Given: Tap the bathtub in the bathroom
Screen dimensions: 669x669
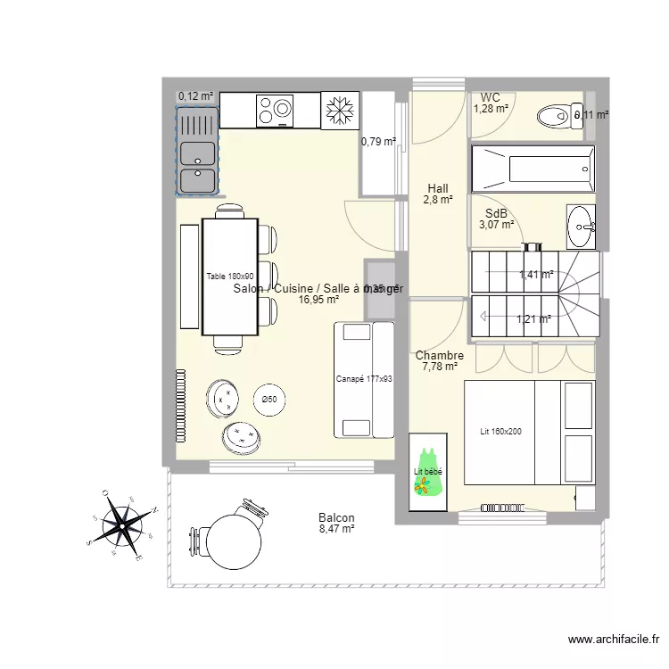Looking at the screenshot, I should [x=532, y=167].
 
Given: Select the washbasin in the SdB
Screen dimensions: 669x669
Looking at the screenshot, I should [x=582, y=227].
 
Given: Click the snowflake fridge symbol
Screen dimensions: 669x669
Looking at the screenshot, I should [x=338, y=110].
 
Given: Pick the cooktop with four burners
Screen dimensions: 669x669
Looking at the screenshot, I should [x=274, y=110].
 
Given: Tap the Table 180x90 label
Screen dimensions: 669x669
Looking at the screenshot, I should [x=230, y=277].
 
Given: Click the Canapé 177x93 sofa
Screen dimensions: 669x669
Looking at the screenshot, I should [x=364, y=378].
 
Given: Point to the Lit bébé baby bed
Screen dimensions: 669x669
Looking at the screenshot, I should [x=427, y=472].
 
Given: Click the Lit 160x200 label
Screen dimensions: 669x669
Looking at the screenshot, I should [x=500, y=432].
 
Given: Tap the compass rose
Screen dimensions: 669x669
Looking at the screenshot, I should [x=120, y=526].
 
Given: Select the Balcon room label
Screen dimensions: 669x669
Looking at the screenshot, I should [x=336, y=517].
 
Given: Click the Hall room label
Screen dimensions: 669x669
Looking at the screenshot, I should [x=437, y=188].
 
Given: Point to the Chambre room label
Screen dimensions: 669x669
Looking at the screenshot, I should [x=439, y=355].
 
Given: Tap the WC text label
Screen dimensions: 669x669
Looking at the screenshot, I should [x=490, y=97].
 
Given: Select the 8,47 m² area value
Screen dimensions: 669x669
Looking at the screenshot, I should [x=336, y=529].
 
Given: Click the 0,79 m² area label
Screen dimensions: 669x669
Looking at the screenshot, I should [x=377, y=140].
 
